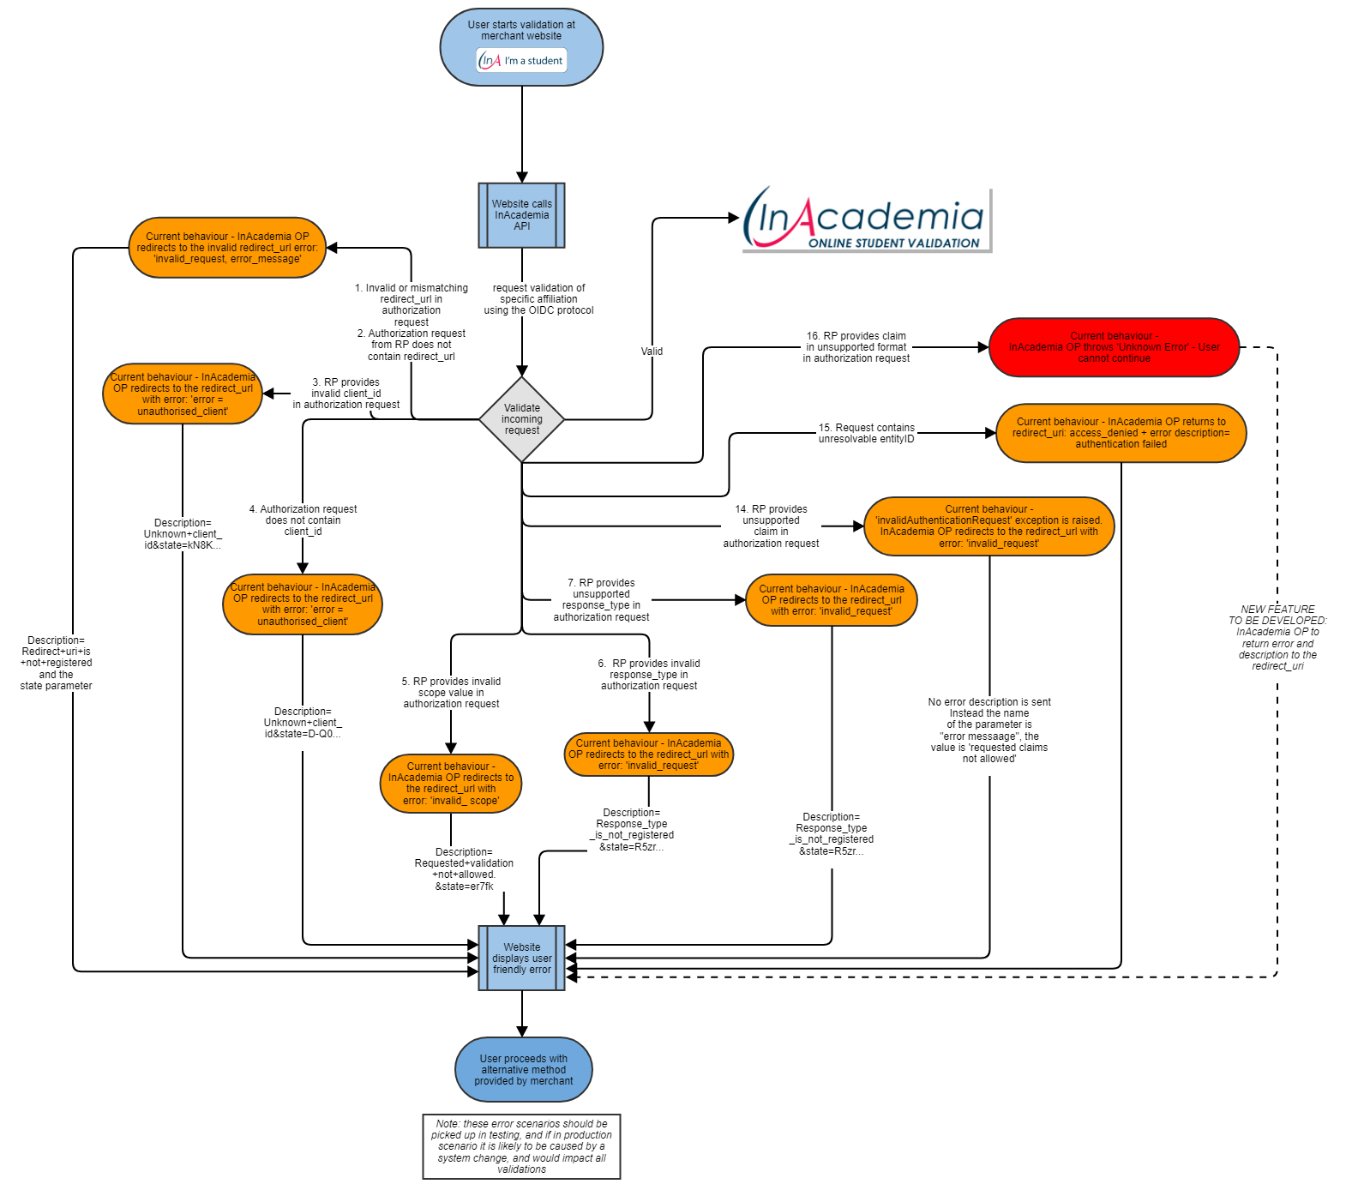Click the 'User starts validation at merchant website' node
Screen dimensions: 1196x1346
point(521,30)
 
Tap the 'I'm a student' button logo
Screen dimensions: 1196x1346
point(522,61)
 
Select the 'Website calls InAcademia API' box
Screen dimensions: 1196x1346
point(521,215)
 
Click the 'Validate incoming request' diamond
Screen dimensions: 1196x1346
point(521,419)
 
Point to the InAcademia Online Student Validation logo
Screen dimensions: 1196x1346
point(866,219)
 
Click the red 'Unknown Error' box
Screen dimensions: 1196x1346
point(1114,347)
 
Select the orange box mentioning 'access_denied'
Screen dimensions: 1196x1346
point(1121,433)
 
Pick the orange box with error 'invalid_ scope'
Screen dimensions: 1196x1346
point(451,784)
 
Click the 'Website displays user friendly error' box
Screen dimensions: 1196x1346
point(521,959)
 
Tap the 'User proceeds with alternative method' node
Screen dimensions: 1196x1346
point(523,1070)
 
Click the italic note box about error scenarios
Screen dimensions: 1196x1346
point(521,1146)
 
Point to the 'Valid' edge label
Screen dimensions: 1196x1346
point(652,352)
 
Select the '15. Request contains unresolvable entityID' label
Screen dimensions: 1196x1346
point(866,433)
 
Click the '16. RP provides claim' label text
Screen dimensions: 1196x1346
point(856,347)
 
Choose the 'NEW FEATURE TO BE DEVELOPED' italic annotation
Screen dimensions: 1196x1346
point(1277,638)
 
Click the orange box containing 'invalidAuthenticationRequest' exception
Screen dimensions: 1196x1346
point(988,526)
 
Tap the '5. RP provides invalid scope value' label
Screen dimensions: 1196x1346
point(451,693)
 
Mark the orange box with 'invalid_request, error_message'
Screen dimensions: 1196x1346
point(227,248)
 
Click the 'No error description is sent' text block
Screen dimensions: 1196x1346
point(988,730)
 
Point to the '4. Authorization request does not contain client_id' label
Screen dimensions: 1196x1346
point(303,520)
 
